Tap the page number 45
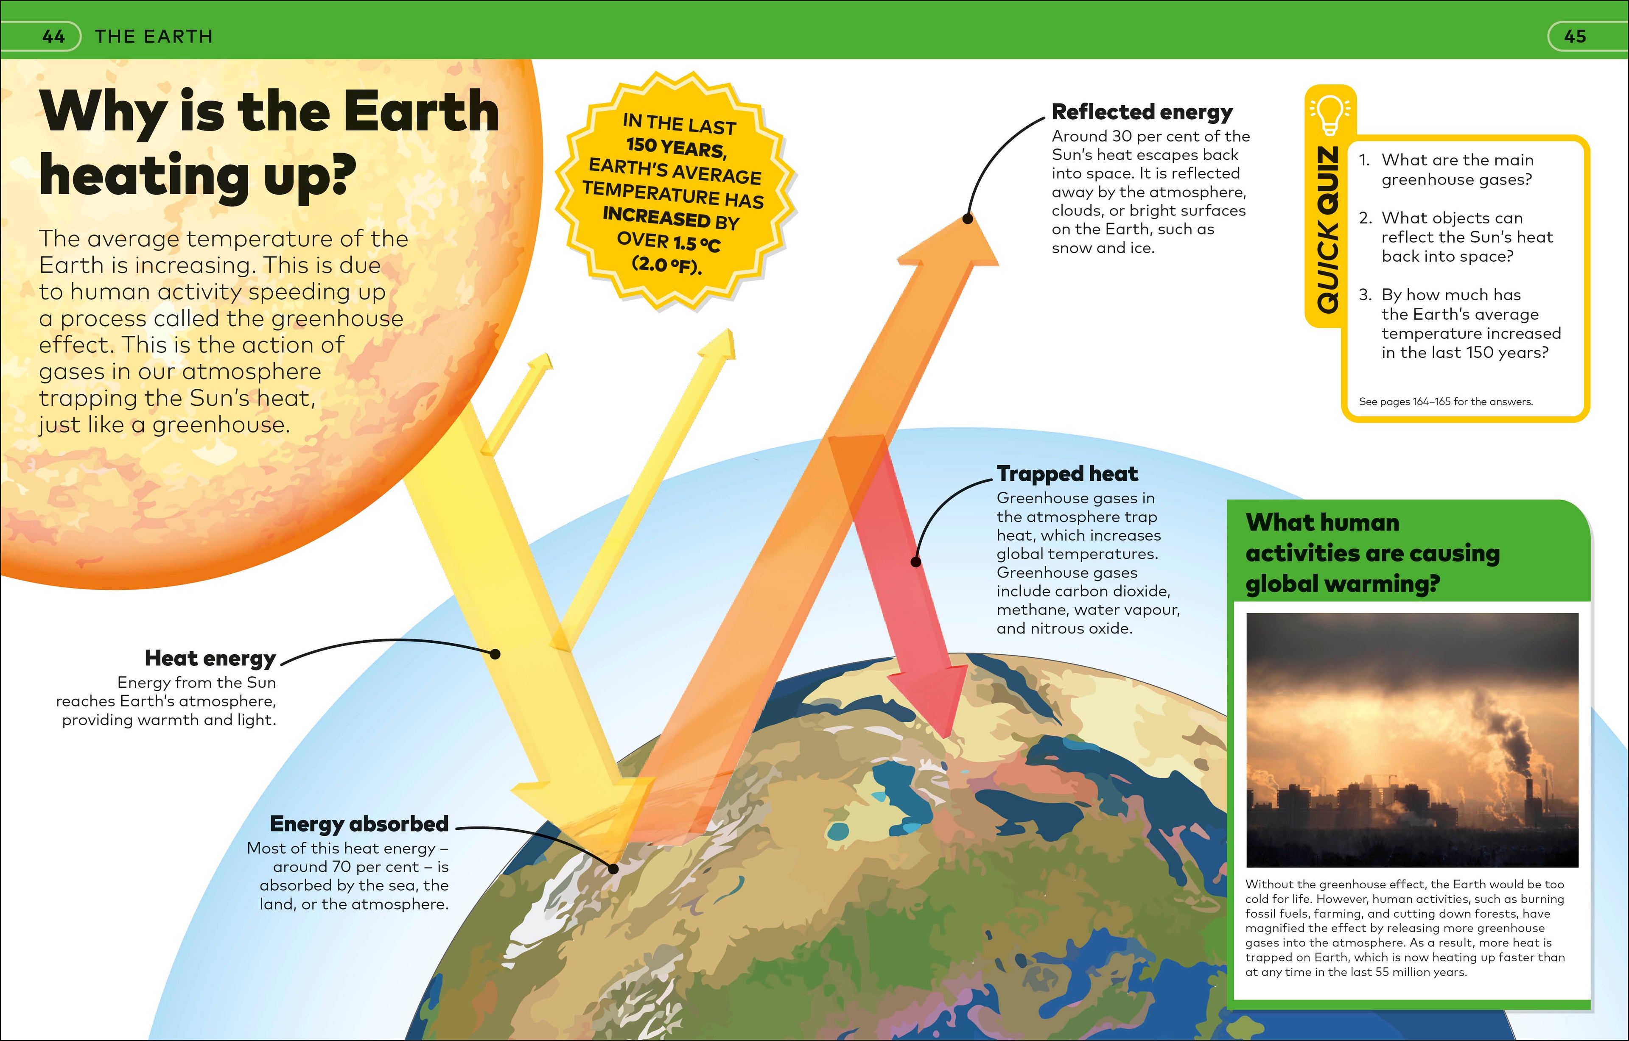coord(1575,36)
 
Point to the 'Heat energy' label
coord(210,658)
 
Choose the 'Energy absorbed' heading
coord(359,824)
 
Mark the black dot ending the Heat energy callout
coord(495,654)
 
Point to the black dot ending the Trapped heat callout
coord(916,561)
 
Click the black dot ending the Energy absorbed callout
coord(613,868)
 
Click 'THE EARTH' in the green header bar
coord(154,36)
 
